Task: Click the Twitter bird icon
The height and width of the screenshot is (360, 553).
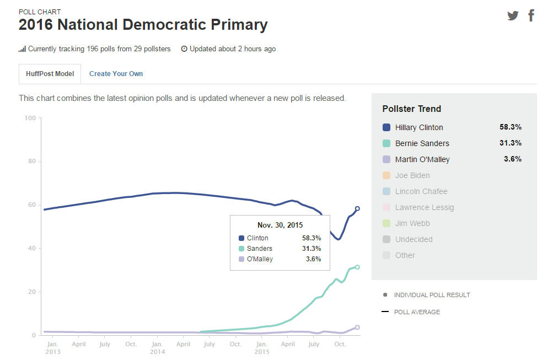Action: point(513,15)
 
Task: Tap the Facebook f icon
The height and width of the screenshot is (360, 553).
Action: point(531,15)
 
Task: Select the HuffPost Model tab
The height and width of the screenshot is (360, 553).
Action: point(50,74)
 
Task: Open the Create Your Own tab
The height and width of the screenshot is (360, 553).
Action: point(116,74)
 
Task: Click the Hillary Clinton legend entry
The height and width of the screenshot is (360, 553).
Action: point(419,127)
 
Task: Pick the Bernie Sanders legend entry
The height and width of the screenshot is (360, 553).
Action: point(422,143)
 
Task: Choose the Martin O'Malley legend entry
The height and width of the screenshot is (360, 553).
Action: point(422,159)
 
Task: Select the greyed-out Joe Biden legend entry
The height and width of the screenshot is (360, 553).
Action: point(412,175)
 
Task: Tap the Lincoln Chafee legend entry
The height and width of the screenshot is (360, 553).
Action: point(421,191)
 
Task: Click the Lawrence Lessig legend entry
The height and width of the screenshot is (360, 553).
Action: point(425,207)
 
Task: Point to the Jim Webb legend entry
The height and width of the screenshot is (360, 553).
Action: point(412,223)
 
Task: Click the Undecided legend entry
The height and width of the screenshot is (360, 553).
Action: point(414,239)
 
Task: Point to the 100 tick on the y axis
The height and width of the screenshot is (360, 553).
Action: point(30,118)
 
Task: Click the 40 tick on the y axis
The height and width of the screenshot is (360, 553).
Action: point(32,249)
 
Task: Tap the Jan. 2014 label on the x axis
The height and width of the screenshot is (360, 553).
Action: point(157,348)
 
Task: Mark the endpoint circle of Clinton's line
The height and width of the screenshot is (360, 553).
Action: point(357,208)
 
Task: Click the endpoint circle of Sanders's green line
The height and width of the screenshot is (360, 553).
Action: point(357,267)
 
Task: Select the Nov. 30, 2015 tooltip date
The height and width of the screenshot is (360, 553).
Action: point(280,225)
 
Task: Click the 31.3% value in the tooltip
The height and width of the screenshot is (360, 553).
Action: point(312,249)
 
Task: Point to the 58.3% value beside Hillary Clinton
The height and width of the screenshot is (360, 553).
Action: point(510,127)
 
